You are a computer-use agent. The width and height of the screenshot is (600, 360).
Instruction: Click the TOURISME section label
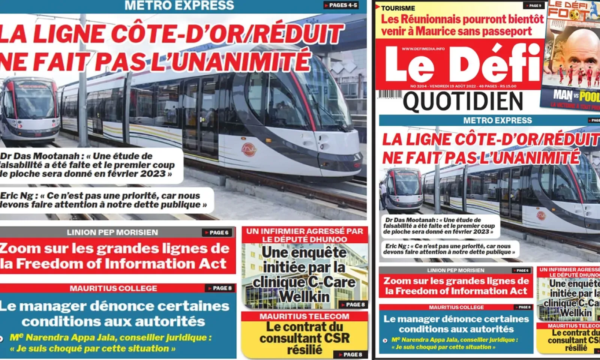pos(398,8)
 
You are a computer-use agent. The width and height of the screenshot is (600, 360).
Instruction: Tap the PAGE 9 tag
pos(534,6)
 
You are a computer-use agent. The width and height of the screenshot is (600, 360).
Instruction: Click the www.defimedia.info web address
pos(423,49)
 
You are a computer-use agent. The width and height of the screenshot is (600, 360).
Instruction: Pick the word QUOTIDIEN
pos(463,102)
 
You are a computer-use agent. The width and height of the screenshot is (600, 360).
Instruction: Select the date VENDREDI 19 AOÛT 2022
pos(453,86)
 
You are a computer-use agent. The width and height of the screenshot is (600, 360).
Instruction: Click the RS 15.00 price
pos(508,86)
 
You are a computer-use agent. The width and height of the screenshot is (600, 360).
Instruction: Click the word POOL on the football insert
pos(590,96)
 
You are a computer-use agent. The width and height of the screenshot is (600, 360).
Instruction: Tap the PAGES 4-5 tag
pos(341,5)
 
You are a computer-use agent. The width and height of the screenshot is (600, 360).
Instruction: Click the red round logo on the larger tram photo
pos(249,150)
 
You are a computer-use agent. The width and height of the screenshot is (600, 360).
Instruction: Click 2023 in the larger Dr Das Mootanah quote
pos(153,174)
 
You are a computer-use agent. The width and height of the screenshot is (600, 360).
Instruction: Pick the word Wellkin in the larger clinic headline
pos(304,297)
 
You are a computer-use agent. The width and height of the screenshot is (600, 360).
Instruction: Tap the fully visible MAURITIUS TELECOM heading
pos(304,316)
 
